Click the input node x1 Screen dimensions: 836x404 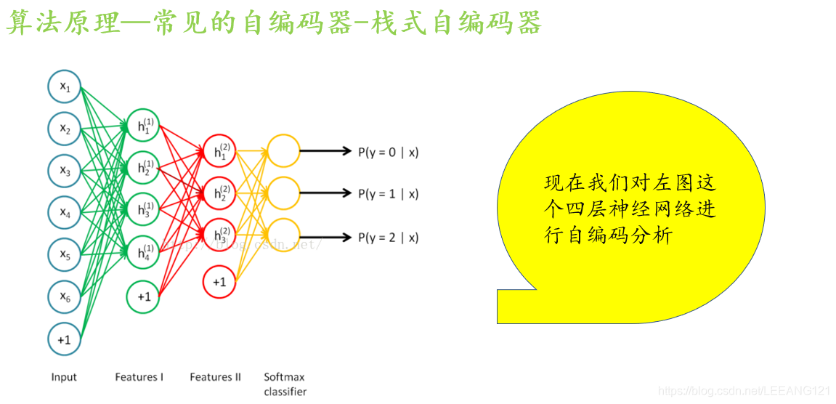click(x=65, y=87)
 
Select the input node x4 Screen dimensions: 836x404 click(x=65, y=213)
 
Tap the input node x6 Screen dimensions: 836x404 click(x=65, y=296)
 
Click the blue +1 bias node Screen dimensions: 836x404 click(x=65, y=339)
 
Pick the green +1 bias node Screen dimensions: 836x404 click(x=144, y=296)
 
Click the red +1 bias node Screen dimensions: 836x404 click(x=219, y=281)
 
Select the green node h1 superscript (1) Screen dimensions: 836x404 click(x=144, y=126)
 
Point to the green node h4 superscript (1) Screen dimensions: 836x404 click(x=144, y=253)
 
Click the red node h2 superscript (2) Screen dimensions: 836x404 click(x=219, y=194)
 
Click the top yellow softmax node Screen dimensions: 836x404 click(x=283, y=151)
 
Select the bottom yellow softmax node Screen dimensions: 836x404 click(x=283, y=237)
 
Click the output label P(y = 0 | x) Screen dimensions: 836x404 click(x=389, y=153)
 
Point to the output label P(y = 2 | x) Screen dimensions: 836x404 click(x=389, y=238)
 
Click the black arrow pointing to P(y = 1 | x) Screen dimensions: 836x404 click(x=326, y=194)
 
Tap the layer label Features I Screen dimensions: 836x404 click(x=139, y=377)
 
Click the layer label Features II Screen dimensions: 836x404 click(x=215, y=377)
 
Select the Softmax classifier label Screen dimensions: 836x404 click(x=285, y=384)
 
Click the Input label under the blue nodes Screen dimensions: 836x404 click(x=64, y=377)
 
